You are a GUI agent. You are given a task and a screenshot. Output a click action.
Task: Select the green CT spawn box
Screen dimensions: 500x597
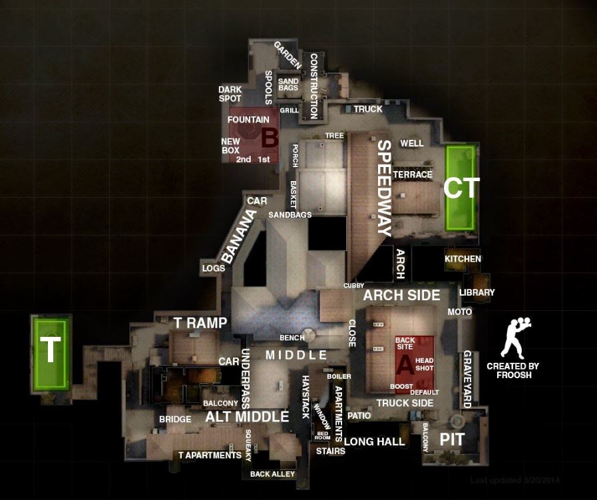(461, 188)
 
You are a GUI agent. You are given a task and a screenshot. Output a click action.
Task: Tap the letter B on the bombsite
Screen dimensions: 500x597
(269, 138)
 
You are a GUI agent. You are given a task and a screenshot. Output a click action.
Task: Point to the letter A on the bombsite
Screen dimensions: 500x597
(405, 365)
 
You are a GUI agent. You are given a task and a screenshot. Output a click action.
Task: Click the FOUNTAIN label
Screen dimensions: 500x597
(248, 120)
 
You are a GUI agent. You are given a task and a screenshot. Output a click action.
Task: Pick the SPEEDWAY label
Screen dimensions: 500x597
(384, 188)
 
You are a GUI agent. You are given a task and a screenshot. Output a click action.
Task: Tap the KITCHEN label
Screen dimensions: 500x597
(463, 258)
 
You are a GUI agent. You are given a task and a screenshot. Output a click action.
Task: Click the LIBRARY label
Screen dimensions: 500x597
(477, 292)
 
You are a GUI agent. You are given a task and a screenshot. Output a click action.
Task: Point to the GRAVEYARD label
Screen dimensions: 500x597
(467, 379)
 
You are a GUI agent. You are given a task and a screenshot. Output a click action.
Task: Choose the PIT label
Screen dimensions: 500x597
(452, 439)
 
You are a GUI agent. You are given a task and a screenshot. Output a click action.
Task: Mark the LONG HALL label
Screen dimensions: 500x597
(374, 441)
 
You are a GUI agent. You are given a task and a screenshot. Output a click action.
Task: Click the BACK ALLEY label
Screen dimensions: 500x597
(272, 474)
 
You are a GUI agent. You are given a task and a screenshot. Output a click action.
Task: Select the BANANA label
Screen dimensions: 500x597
(239, 238)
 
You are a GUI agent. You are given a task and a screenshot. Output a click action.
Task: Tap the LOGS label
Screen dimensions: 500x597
(213, 268)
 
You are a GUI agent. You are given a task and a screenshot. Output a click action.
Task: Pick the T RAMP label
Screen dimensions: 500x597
(200, 322)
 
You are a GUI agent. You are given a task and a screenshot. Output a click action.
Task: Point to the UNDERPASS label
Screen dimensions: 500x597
(244, 379)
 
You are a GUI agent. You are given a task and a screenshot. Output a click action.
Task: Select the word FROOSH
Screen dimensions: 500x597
(512, 375)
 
